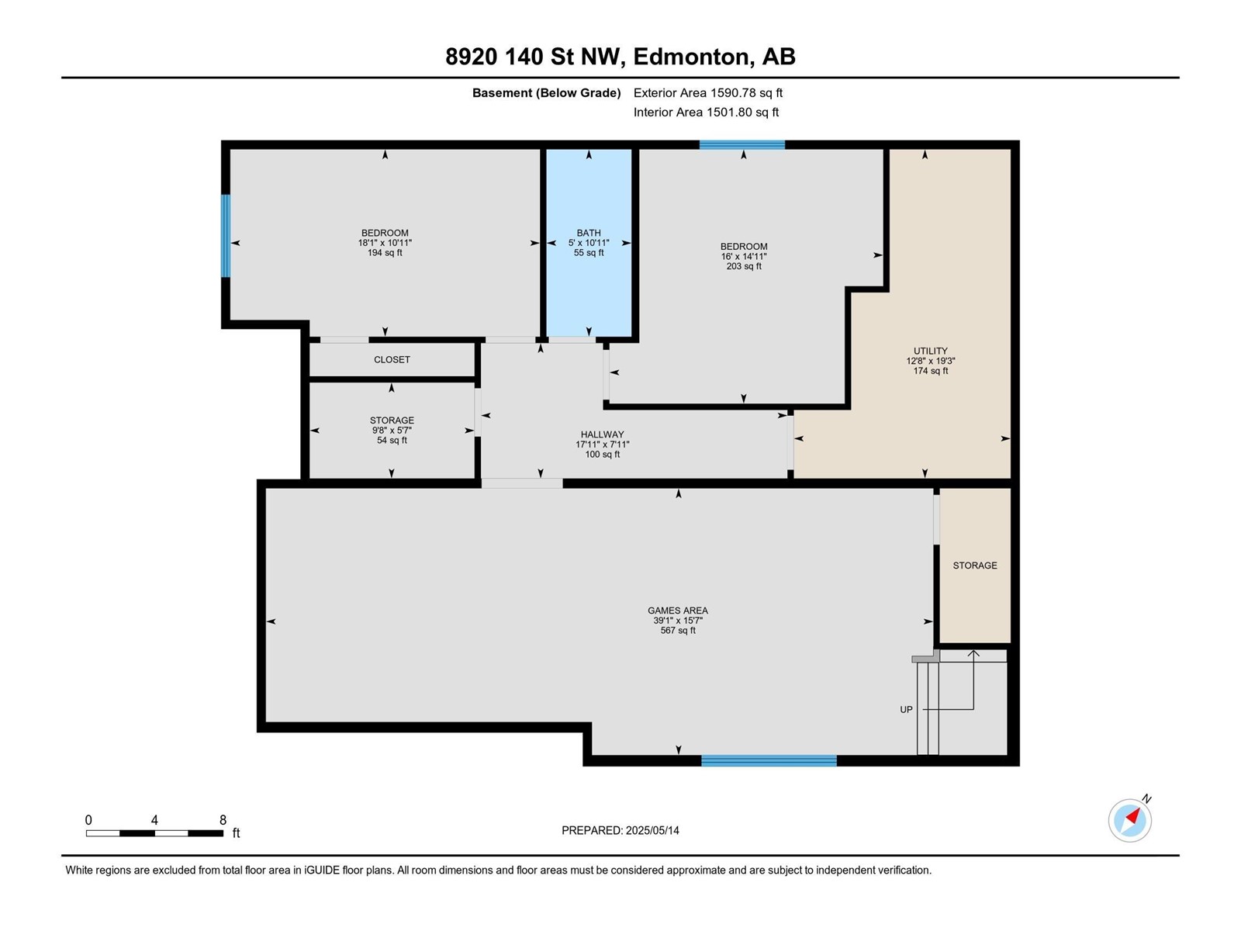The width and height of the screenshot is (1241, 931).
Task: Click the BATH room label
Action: click(589, 233)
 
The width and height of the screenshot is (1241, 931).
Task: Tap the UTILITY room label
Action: click(930, 351)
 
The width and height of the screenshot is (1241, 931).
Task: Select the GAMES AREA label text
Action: click(678, 611)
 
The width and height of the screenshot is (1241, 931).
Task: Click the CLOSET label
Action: click(392, 360)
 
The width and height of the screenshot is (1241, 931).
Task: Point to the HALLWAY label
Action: click(602, 434)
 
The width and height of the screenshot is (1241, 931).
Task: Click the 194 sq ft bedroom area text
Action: click(385, 253)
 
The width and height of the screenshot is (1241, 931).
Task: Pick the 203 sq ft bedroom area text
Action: click(743, 266)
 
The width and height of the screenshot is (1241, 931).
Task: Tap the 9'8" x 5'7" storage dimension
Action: click(392, 430)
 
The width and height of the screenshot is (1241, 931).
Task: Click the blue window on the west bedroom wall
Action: click(226, 236)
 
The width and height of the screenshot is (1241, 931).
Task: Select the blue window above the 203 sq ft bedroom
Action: click(741, 145)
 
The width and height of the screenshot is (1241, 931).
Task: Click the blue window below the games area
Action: click(769, 761)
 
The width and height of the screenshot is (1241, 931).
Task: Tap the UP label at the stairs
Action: click(906, 710)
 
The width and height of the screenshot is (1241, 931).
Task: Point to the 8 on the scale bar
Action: click(223, 820)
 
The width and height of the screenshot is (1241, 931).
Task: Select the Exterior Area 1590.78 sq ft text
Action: click(707, 93)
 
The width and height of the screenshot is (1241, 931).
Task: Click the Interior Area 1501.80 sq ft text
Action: click(706, 112)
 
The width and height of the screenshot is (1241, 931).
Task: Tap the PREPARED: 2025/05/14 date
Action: click(620, 830)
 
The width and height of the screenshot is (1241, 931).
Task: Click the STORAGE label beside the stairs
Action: click(974, 566)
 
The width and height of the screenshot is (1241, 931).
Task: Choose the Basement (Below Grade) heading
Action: click(546, 93)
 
